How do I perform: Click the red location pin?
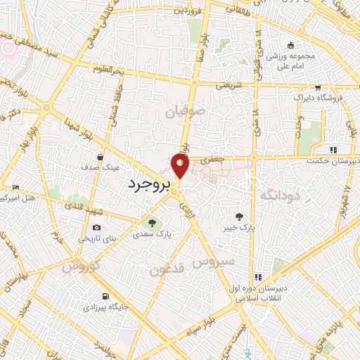pyautogui.click(x=181, y=167)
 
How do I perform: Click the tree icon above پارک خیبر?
pyautogui.click(x=242, y=217)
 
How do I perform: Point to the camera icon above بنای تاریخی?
pyautogui.click(x=96, y=227)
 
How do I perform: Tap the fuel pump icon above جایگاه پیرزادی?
pyautogui.click(x=105, y=296)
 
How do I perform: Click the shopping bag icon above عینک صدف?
pyautogui.click(x=101, y=157)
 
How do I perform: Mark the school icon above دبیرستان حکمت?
pyautogui.click(x=333, y=149)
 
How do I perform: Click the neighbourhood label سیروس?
pyautogui.click(x=232, y=259)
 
